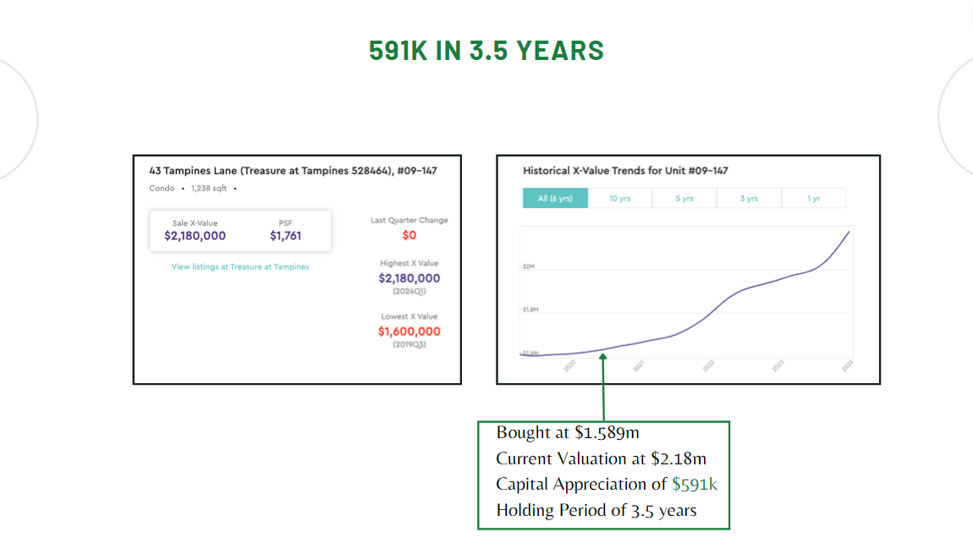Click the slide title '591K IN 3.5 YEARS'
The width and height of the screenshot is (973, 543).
(486, 51)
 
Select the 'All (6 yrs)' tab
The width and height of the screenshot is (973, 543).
(555, 199)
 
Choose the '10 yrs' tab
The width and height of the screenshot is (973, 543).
(619, 199)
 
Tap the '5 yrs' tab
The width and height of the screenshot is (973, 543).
(684, 199)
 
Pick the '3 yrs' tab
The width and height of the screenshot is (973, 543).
(749, 199)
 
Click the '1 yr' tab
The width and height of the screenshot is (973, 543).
(813, 199)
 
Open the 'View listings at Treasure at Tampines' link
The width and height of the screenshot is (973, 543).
(240, 266)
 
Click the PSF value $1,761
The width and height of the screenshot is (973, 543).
(285, 236)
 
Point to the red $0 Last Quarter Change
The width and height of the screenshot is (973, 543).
(410, 235)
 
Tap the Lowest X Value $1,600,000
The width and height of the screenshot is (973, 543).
(410, 332)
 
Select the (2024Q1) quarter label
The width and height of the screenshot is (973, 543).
(410, 291)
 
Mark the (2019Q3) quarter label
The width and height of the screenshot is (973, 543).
(410, 344)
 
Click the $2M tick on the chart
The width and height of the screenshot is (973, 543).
(530, 266)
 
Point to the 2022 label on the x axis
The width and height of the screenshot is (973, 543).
(708, 365)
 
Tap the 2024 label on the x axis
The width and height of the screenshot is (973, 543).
(847, 365)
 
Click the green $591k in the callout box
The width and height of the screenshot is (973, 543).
(695, 485)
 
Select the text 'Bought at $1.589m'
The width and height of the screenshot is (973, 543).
(568, 433)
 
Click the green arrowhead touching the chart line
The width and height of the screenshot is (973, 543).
(603, 358)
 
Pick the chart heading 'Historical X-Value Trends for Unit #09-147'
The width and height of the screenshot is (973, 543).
(625, 171)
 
